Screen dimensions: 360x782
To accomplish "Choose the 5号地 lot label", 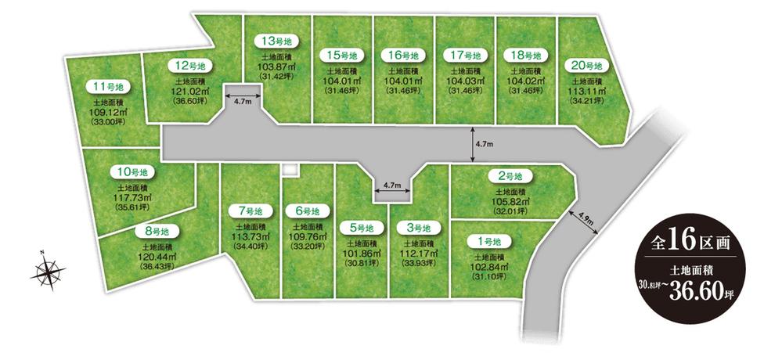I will point(361,228).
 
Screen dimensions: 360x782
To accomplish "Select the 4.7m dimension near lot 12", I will point(242,101).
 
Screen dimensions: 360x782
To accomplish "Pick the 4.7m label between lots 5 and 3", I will point(391,185).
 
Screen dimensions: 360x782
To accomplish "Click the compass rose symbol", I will point(49,272).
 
